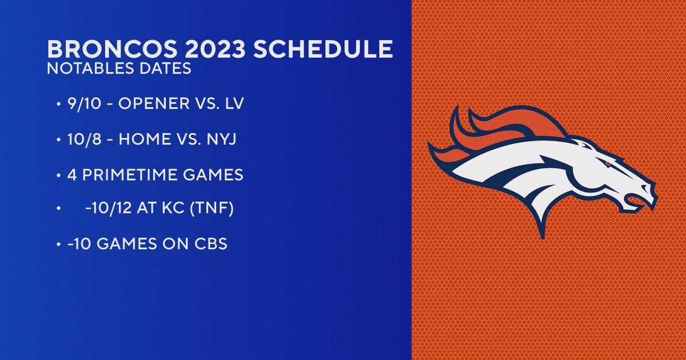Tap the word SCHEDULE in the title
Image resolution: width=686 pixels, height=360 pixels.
(323, 49)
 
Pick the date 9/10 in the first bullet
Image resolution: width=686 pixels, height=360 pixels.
(79, 105)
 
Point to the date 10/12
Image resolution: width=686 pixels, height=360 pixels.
(105, 210)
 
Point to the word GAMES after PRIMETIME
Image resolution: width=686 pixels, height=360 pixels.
(213, 175)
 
